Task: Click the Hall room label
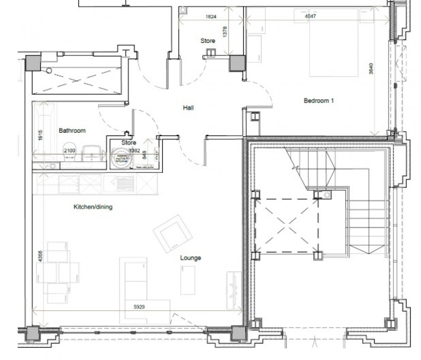pyautogui.click(x=188, y=108)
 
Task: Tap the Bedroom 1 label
pyautogui.click(x=318, y=101)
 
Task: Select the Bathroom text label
pyautogui.click(x=72, y=131)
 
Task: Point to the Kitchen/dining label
pyautogui.click(x=93, y=207)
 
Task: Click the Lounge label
pyautogui.click(x=190, y=258)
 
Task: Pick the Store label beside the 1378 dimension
pyautogui.click(x=208, y=41)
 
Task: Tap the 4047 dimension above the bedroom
pyautogui.click(x=310, y=16)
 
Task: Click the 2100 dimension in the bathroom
pyautogui.click(x=70, y=151)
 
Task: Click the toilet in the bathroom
pyautogui.click(x=68, y=153)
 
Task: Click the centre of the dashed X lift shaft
pyautogui.click(x=288, y=226)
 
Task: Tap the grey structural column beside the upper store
pyautogui.click(x=237, y=63)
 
